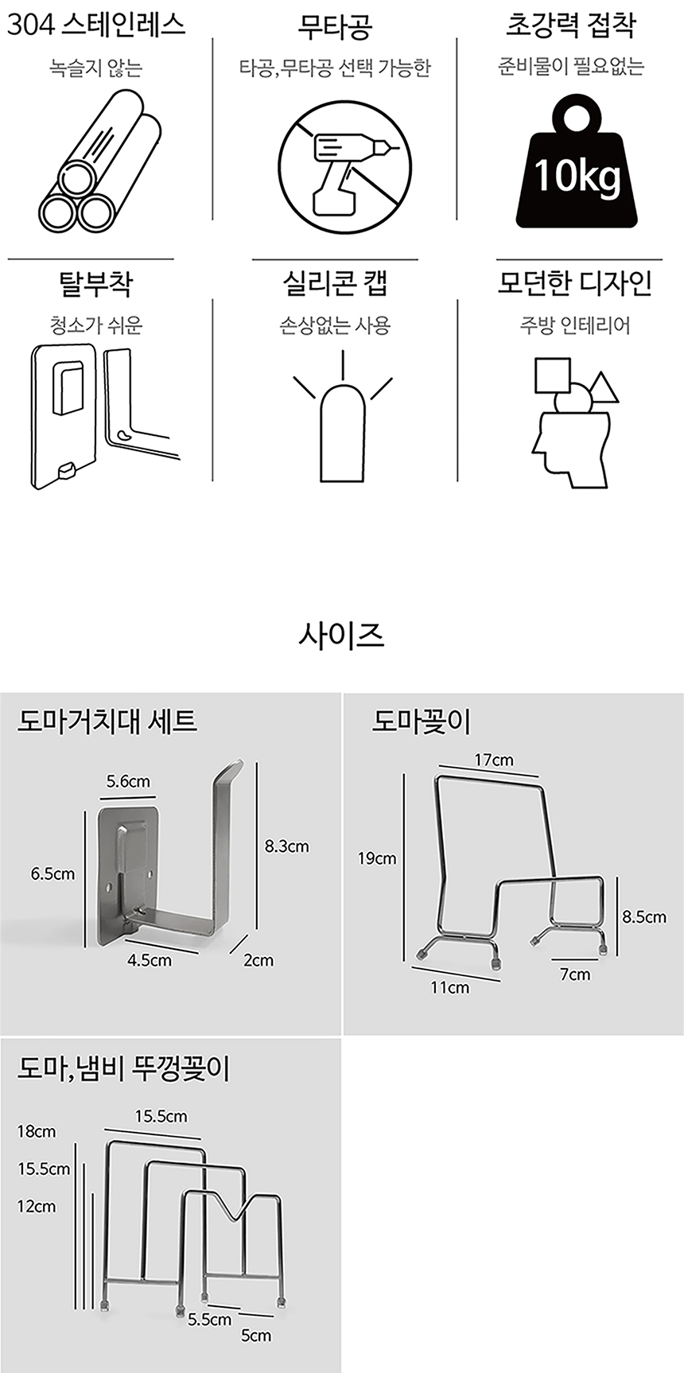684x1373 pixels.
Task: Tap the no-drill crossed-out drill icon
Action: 344,166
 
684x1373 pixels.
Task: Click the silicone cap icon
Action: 343,422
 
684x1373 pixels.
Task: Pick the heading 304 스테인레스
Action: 95,25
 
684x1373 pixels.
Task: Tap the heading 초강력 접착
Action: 571,25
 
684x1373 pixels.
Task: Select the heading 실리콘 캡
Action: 335,283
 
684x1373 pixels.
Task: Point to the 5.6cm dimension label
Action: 128,782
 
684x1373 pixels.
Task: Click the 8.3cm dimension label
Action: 286,846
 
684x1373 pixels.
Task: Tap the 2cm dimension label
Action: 258,960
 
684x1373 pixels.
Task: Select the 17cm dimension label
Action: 494,760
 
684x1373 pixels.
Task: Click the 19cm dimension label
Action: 377,858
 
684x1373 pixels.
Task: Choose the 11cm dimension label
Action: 449,988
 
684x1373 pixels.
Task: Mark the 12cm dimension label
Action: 37,1206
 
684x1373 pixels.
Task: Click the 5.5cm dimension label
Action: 210,1320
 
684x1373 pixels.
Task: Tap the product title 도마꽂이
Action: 422,722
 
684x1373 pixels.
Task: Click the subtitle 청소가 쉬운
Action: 95,325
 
